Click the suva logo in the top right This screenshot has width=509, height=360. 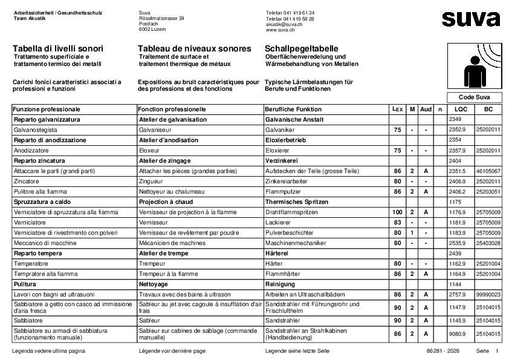point(470,19)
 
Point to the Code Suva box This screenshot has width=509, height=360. point(473,97)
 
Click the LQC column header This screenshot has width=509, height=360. point(461,109)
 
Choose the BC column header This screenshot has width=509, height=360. point(488,109)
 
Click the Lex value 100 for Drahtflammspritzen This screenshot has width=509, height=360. point(397,212)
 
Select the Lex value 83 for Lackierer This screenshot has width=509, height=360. point(397,222)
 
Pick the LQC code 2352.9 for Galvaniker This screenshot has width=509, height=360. point(457,129)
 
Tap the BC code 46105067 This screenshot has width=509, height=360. point(488,171)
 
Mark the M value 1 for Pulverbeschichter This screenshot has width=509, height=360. point(412,232)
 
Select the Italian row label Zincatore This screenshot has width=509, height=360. point(27,181)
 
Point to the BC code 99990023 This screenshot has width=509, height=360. point(488,294)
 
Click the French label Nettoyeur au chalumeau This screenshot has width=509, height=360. point(170,191)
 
